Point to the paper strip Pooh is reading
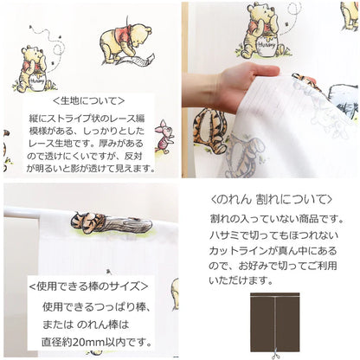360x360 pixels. click(x=134, y=61)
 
